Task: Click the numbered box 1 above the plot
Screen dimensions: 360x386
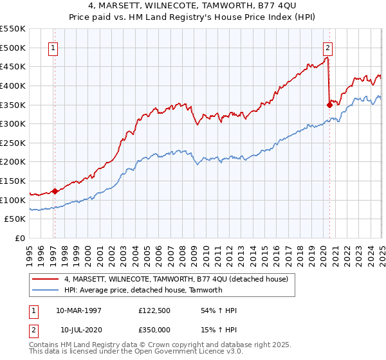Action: (x=53, y=47)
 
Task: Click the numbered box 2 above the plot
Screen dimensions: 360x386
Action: (x=328, y=47)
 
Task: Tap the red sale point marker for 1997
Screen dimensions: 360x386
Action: (x=55, y=191)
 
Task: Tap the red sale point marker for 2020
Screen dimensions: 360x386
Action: (x=329, y=104)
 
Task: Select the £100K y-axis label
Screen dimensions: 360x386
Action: (x=14, y=200)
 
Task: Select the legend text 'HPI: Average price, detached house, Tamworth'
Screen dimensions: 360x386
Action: (x=143, y=290)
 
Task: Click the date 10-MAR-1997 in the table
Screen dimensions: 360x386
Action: (x=78, y=310)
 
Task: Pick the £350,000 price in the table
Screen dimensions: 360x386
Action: (x=156, y=330)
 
